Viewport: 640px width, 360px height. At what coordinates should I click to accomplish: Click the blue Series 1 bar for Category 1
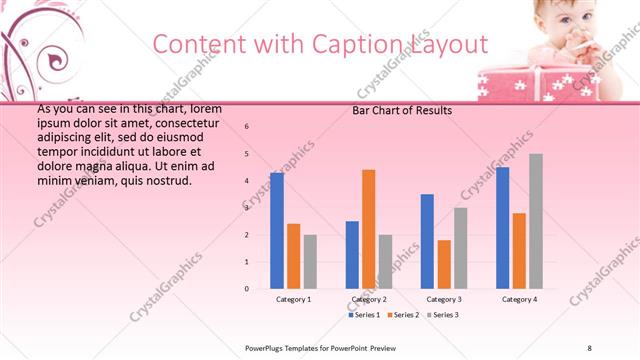click(277, 231)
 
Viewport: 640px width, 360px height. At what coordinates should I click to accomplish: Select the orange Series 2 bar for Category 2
click(368, 229)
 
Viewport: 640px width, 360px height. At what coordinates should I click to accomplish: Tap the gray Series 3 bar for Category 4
click(536, 221)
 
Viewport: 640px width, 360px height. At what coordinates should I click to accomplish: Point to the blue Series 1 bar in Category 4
click(502, 228)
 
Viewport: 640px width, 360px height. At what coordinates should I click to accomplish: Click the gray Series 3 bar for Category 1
click(310, 262)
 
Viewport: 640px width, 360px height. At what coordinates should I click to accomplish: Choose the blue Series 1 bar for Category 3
click(427, 241)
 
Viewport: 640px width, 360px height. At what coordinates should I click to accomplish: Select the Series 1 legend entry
click(364, 315)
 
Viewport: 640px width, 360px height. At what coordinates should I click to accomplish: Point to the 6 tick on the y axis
click(247, 127)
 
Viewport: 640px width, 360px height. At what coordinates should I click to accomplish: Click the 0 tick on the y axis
click(247, 289)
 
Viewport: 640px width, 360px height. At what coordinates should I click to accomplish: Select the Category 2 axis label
click(369, 299)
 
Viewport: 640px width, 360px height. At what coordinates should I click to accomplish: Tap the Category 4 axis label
click(519, 299)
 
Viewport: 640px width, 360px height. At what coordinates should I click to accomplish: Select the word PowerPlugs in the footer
click(267, 347)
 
